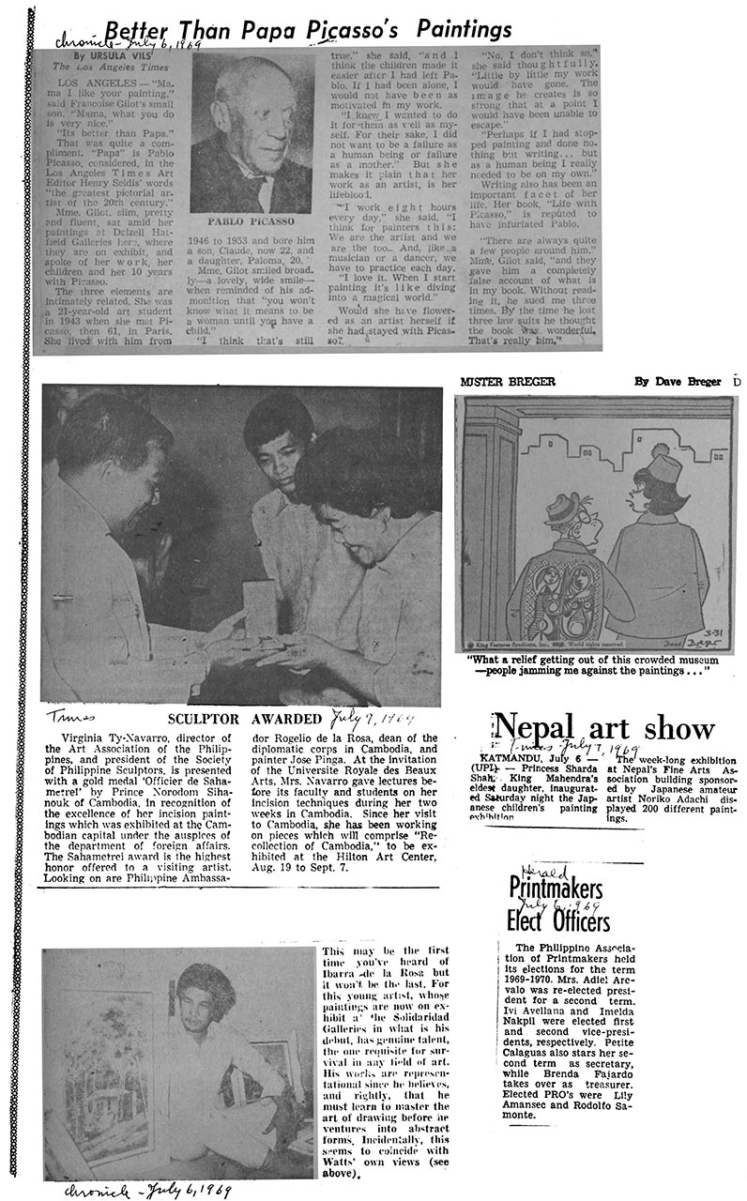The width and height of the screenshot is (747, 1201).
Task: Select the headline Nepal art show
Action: coord(603,728)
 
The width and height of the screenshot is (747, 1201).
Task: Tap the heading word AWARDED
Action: coord(287,719)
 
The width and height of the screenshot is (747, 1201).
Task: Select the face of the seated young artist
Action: coord(204,1005)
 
